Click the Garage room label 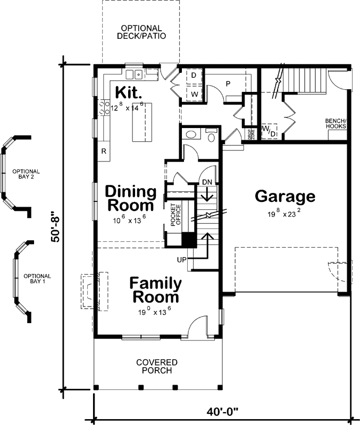click(285, 197)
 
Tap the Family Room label click(155, 290)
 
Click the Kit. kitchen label click(128, 92)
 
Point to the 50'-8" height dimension click(55, 227)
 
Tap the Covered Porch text click(157, 367)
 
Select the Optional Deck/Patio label click(141, 32)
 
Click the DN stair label click(207, 182)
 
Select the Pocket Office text click(175, 215)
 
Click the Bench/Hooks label click(336, 123)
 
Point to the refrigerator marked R click(104, 151)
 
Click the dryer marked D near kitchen click(194, 76)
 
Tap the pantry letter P click(227, 84)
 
